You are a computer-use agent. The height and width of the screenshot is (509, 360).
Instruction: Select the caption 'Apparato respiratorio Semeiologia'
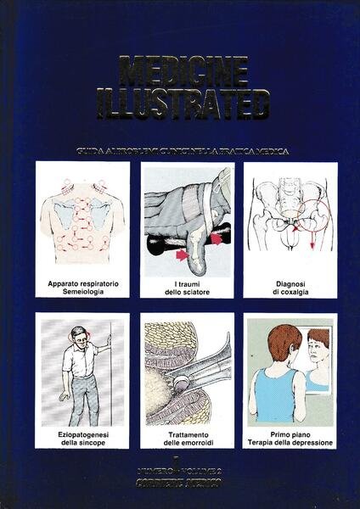click(x=82, y=283)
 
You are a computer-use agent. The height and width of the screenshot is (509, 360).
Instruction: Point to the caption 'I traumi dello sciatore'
click(x=186, y=283)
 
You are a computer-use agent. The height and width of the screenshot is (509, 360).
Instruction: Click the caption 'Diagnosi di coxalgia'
click(x=290, y=283)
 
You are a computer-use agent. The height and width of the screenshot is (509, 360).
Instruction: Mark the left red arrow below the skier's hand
click(x=182, y=255)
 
